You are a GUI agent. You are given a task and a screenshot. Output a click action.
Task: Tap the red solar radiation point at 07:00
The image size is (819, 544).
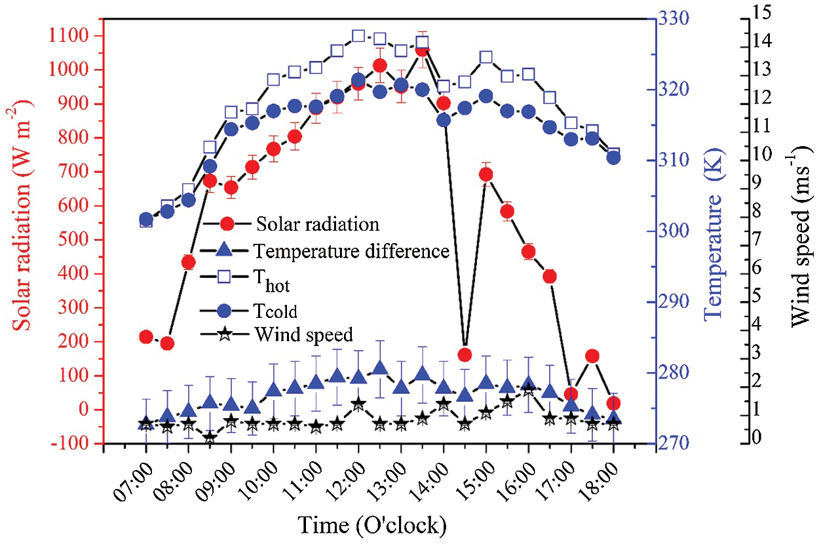pyautogui.click(x=146, y=337)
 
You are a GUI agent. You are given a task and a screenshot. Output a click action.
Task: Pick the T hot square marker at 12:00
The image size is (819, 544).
pyautogui.click(x=358, y=35)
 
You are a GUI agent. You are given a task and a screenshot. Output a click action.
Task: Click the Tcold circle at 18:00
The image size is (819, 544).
pyautogui.click(x=614, y=157)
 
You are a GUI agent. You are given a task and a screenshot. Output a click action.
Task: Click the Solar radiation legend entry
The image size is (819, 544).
pyautogui.click(x=318, y=223)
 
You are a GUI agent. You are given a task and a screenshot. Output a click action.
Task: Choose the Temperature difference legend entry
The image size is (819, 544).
pyautogui.click(x=352, y=250)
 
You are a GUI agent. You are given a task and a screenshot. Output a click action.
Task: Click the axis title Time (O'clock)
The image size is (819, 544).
pyautogui.click(x=372, y=524)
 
